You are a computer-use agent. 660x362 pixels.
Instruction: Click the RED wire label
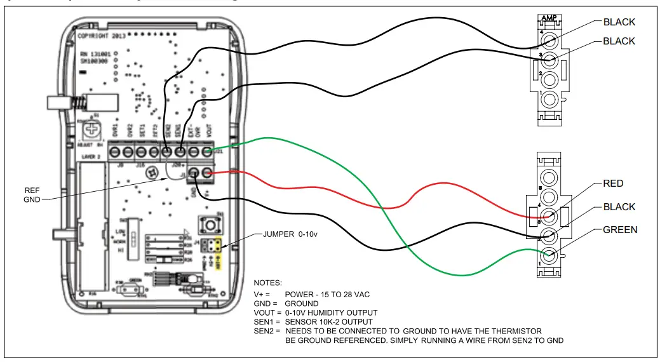click(613, 184)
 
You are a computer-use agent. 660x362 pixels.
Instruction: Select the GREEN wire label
click(620, 229)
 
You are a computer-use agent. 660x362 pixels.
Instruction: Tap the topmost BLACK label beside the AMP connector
click(619, 22)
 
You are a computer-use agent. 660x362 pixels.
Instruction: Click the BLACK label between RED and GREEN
click(619, 207)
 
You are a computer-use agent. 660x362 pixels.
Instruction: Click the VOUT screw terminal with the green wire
click(207, 152)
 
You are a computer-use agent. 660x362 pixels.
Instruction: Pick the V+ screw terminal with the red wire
click(207, 173)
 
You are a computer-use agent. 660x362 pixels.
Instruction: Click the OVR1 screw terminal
click(114, 152)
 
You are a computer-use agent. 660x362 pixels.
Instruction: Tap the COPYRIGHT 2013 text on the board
click(103, 36)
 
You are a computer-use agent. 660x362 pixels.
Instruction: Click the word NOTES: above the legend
click(267, 282)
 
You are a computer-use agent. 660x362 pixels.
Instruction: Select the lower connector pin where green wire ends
click(549, 256)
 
